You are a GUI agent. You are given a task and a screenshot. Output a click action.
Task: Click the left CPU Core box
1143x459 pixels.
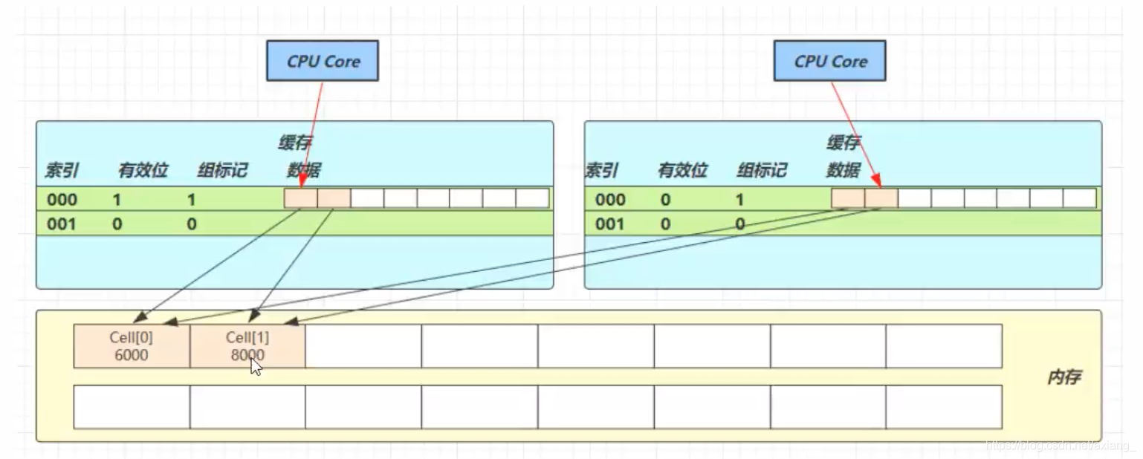323,61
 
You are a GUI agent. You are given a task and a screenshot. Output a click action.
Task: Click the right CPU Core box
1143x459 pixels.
829,61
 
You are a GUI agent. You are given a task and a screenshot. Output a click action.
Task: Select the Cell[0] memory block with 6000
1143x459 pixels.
131,346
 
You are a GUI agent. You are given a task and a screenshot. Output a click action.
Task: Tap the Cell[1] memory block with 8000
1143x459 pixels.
247,346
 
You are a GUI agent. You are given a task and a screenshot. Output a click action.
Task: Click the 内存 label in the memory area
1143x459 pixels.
1063,377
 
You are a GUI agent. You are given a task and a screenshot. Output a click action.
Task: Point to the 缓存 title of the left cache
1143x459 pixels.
295,143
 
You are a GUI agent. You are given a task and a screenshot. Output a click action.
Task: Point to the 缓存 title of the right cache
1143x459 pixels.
843,143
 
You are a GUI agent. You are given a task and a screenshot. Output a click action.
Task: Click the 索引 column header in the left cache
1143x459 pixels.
62,171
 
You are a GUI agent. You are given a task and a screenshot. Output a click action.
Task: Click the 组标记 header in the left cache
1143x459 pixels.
222,171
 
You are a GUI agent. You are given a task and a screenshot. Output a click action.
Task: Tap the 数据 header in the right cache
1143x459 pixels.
843,171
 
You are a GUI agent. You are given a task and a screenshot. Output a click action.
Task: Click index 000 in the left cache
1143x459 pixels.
62,199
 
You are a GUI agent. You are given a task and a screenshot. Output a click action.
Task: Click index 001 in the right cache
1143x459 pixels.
609,224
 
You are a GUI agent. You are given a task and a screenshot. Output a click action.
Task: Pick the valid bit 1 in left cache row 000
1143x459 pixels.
117,199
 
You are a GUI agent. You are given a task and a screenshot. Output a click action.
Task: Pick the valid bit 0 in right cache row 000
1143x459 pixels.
664,199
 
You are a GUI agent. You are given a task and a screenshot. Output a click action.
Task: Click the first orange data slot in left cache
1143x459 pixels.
300,198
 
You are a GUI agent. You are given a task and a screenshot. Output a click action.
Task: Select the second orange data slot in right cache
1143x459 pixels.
881,198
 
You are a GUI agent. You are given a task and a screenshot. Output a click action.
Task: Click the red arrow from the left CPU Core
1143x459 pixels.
312,134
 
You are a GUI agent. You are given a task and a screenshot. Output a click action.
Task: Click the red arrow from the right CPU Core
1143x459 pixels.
855,134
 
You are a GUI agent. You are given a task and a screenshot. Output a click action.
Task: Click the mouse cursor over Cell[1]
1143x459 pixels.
255,366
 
